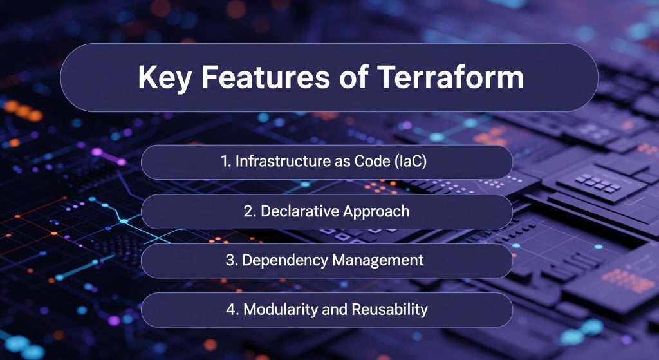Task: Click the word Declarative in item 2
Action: click(x=301, y=211)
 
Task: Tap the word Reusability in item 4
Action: click(x=390, y=310)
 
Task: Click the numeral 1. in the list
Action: click(x=225, y=162)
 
